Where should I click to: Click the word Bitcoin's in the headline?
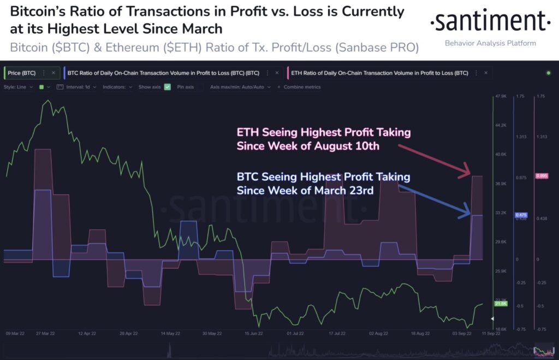[40, 11]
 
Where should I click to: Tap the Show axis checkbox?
[168, 87]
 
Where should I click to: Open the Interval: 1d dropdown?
[78, 87]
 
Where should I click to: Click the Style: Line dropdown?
[19, 87]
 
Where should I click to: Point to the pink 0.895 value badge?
[542, 176]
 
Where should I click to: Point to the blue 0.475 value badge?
[521, 215]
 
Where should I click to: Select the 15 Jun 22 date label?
[255, 333]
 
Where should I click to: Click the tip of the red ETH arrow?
[469, 174]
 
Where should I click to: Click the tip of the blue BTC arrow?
[469, 214]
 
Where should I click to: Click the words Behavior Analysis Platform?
[490, 43]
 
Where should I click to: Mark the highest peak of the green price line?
[48, 101]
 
